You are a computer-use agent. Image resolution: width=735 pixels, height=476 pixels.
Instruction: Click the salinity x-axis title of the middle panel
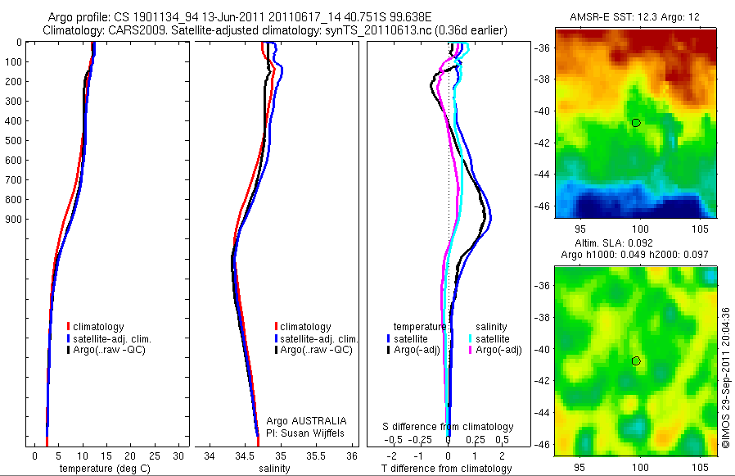[274, 469]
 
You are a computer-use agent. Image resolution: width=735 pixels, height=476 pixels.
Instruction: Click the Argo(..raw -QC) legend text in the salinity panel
[317, 350]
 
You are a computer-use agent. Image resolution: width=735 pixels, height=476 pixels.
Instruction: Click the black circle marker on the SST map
[636, 123]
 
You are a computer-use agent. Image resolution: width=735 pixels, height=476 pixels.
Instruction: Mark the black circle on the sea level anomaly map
[636, 360]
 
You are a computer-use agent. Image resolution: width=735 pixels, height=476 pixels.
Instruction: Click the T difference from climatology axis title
[448, 469]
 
